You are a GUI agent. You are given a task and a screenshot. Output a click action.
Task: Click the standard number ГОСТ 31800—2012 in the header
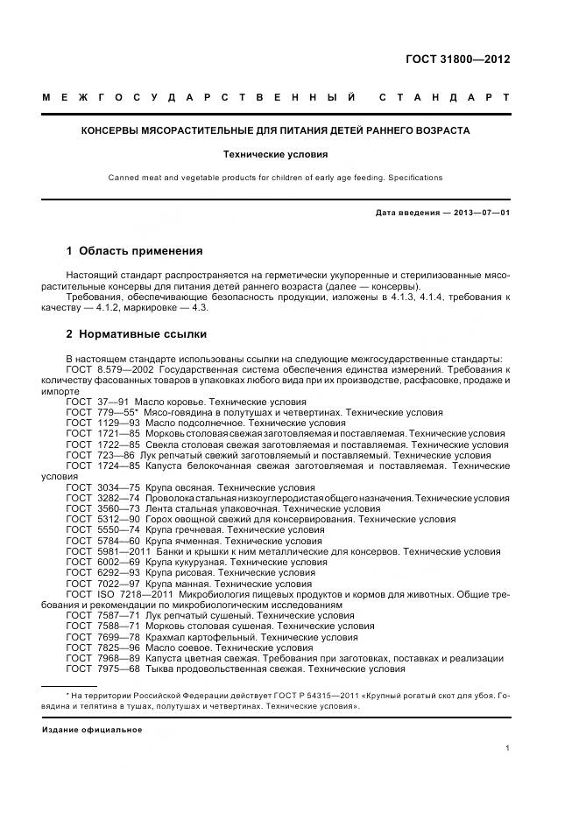457,59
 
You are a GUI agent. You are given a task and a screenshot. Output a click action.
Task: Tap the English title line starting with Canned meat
275,178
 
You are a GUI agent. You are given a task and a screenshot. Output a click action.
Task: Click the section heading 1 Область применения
134,250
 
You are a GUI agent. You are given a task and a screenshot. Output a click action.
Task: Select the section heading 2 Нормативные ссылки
136,334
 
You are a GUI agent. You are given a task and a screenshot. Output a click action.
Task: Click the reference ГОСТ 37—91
90,401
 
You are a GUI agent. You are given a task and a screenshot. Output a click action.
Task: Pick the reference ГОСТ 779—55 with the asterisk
95,411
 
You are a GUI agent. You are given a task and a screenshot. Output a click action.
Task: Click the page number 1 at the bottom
508,748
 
